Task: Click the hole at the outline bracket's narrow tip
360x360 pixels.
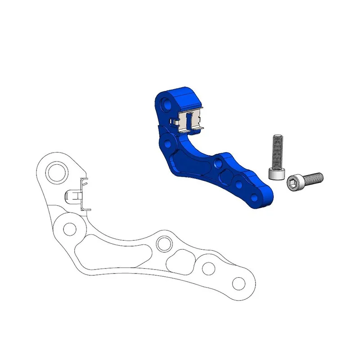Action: pyautogui.click(x=237, y=284)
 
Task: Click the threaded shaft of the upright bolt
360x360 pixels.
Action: pyautogui.click(x=277, y=151)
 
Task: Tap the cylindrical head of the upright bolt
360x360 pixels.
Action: pyautogui.click(x=275, y=174)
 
